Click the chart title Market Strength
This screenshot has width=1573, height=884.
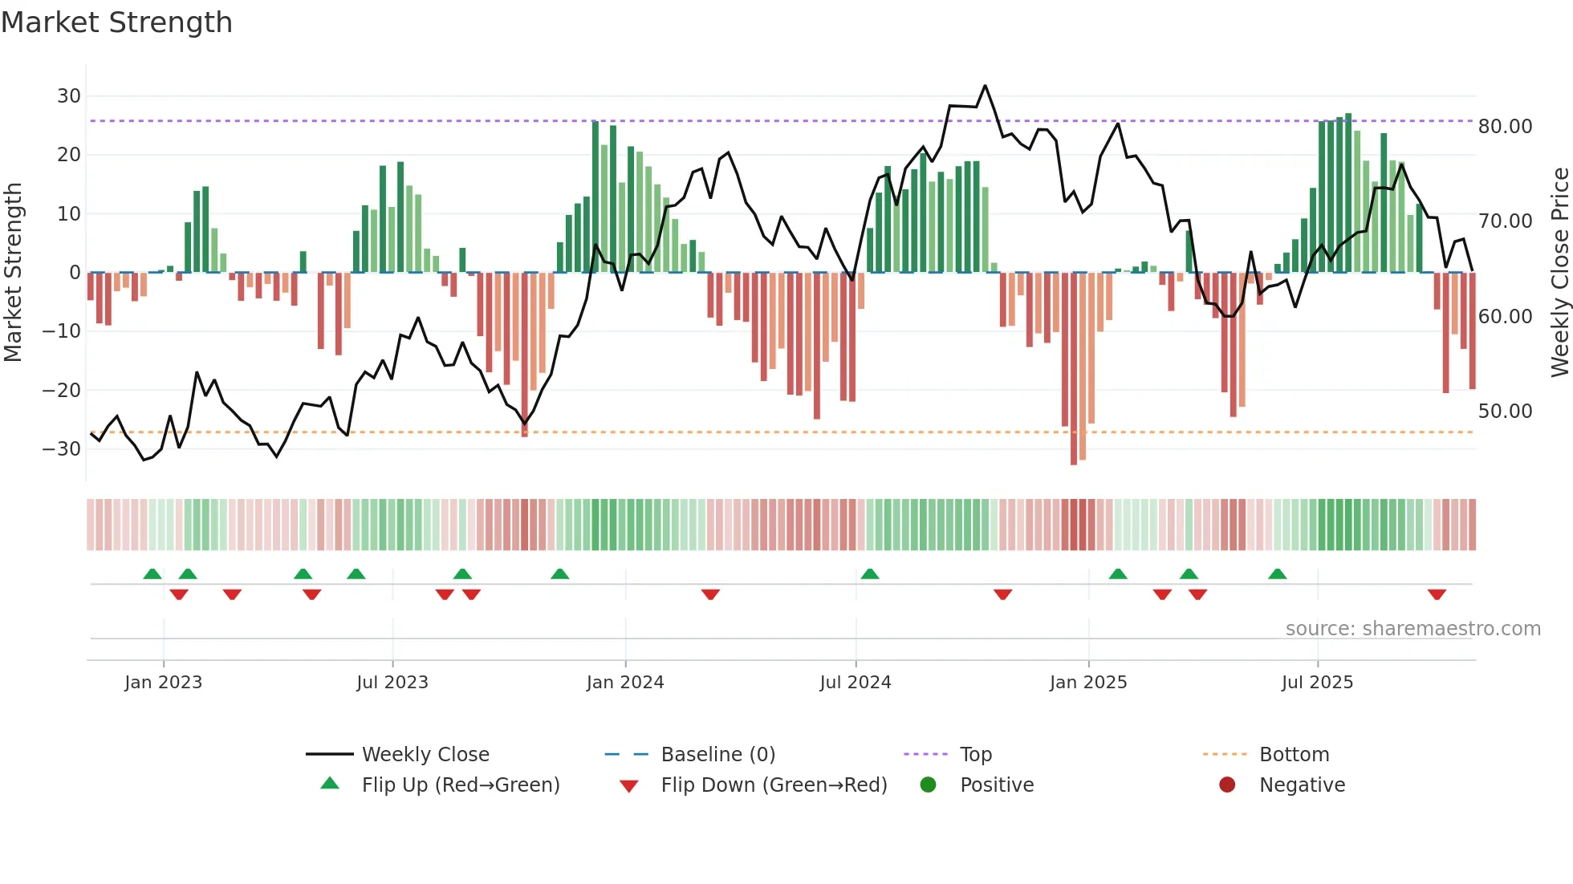pyautogui.click(x=116, y=22)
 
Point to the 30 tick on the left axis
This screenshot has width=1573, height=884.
pyautogui.click(x=69, y=96)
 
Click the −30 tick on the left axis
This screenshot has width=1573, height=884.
pyautogui.click(x=63, y=449)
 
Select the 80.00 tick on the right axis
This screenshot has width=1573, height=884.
pyautogui.click(x=1505, y=127)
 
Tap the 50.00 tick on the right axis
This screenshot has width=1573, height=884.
pyautogui.click(x=1505, y=412)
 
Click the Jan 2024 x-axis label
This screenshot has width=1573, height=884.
pyautogui.click(x=625, y=683)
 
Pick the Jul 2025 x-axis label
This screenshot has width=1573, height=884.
pyautogui.click(x=1317, y=683)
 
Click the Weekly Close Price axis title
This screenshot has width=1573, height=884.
pyautogui.click(x=1559, y=273)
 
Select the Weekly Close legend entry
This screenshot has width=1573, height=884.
pyautogui.click(x=425, y=755)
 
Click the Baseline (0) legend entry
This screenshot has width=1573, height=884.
pyautogui.click(x=717, y=755)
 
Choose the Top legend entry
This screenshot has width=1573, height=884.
pyautogui.click(x=975, y=755)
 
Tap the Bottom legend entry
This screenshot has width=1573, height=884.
pyautogui.click(x=1294, y=755)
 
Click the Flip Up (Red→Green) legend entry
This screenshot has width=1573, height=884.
pyautogui.click(x=460, y=785)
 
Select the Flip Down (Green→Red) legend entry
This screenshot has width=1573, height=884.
pyautogui.click(x=774, y=785)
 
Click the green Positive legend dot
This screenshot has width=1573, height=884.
pyautogui.click(x=929, y=785)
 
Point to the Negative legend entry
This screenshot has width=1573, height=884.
pyautogui.click(x=1302, y=785)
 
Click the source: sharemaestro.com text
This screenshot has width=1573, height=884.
pyautogui.click(x=1412, y=629)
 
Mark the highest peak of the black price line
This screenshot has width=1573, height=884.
pyautogui.click(x=985, y=86)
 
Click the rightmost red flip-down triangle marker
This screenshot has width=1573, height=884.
pyautogui.click(x=1437, y=594)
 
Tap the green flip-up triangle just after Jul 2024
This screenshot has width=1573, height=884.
pyautogui.click(x=870, y=574)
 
